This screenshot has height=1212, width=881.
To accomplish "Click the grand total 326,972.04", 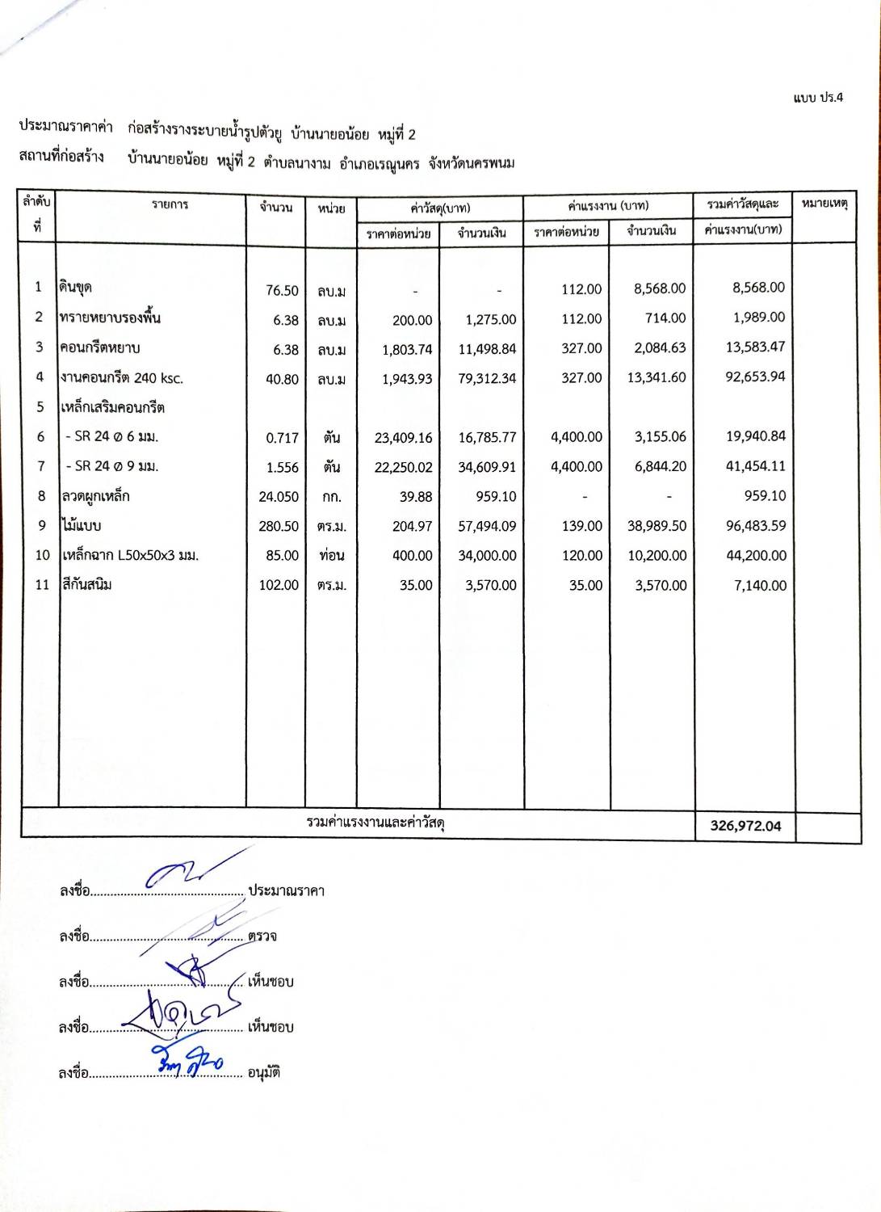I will [x=745, y=826].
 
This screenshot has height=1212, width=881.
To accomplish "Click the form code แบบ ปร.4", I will [x=817, y=98].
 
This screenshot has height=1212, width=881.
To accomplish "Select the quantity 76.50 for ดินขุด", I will [x=282, y=290].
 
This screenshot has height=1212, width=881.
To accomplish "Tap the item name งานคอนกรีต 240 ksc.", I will [x=122, y=377].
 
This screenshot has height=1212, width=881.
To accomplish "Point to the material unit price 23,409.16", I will [x=403, y=438].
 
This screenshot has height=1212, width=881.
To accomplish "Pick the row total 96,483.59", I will [x=755, y=525].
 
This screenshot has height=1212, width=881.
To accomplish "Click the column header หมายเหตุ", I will [x=824, y=204].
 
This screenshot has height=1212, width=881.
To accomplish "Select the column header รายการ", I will [x=170, y=204].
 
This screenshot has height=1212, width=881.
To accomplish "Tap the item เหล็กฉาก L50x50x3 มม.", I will [x=130, y=555].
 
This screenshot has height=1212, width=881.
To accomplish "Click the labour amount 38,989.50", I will [x=657, y=526].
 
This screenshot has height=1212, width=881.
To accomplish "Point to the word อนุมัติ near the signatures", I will [x=264, y=1073].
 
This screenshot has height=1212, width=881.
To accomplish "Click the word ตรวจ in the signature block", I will [x=262, y=936].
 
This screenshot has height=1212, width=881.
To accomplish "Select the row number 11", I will [x=42, y=584].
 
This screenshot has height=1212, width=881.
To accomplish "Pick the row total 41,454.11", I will [x=755, y=466].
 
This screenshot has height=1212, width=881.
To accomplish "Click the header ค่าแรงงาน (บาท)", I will [x=608, y=206].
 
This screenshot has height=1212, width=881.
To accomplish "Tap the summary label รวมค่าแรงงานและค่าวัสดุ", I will [x=375, y=823].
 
